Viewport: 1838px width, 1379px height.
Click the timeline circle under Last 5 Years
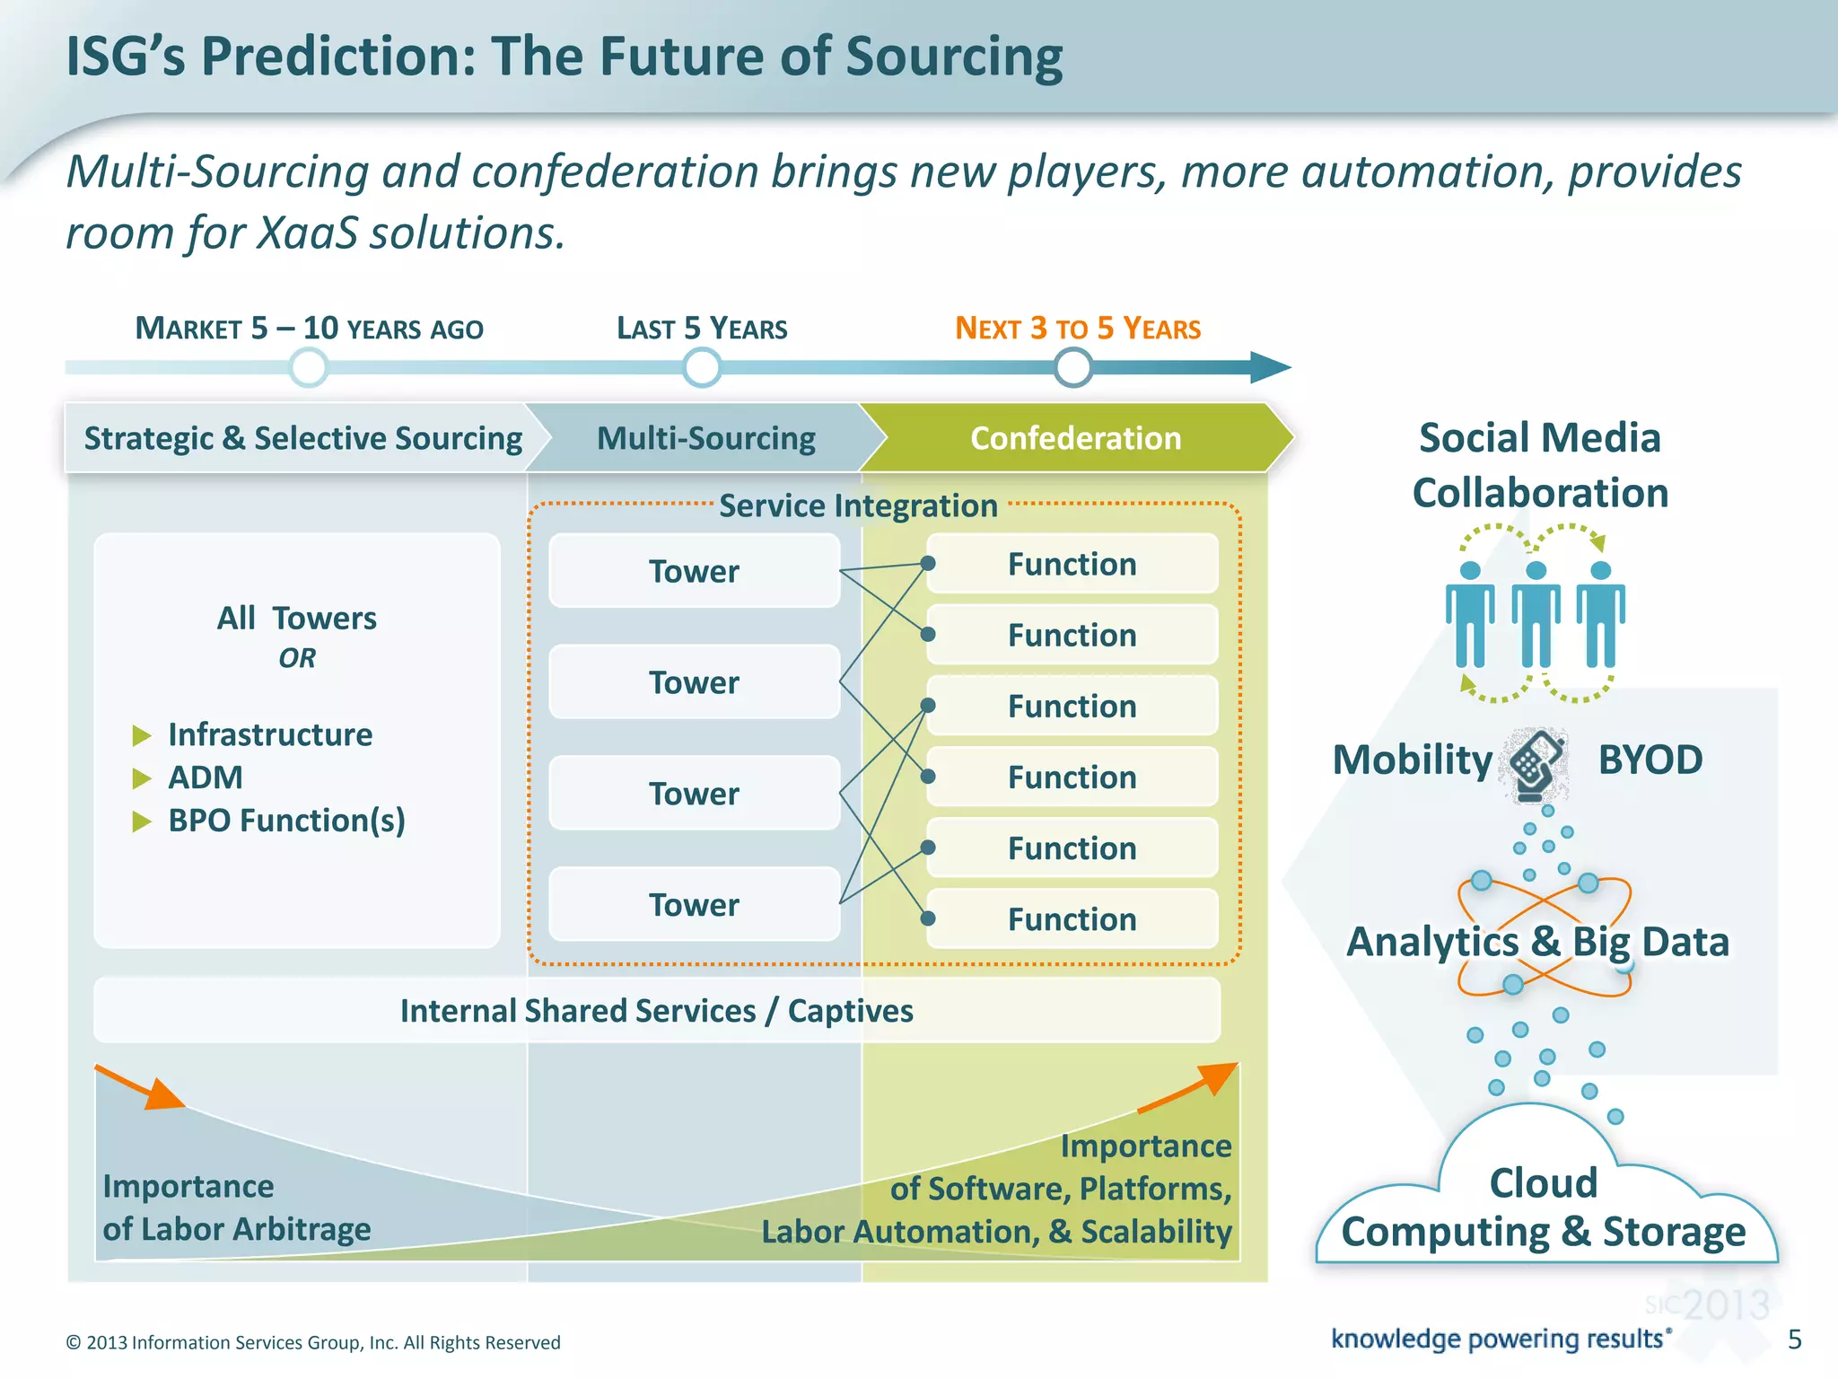pos(701,367)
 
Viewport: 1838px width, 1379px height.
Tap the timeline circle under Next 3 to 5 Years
pos(1072,367)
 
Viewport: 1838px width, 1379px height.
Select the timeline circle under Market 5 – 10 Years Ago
pos(309,367)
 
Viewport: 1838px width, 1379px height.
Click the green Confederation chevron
pos(1075,438)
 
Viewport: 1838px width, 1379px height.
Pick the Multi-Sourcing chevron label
pos(705,438)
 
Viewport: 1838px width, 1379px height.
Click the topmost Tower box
pos(694,571)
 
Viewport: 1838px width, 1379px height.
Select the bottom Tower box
pos(694,904)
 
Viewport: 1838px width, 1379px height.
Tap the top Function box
pos(1072,564)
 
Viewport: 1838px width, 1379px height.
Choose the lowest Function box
pos(1072,919)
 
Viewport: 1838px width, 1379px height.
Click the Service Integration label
pos(858,505)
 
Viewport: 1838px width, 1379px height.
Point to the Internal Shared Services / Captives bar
pos(656,1011)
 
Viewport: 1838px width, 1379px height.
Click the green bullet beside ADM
pos(142,778)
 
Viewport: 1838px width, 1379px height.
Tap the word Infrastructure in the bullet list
pos(270,734)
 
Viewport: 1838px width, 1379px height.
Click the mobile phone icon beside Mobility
pos(1537,763)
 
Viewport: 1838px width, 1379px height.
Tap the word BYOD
pos(1650,760)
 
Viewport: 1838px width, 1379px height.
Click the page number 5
pos(1794,1339)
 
